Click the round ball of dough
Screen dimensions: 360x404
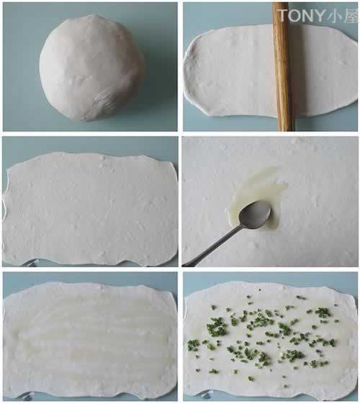(x=91, y=68)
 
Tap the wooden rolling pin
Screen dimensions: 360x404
(x=283, y=66)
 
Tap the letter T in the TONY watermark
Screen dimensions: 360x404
(x=282, y=15)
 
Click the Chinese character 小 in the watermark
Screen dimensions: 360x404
(x=335, y=16)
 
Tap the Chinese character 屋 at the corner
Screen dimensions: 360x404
(x=351, y=16)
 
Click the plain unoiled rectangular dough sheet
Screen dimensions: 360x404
(x=90, y=209)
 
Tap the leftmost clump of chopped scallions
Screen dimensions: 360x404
(x=193, y=345)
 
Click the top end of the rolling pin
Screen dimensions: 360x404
(x=280, y=4)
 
